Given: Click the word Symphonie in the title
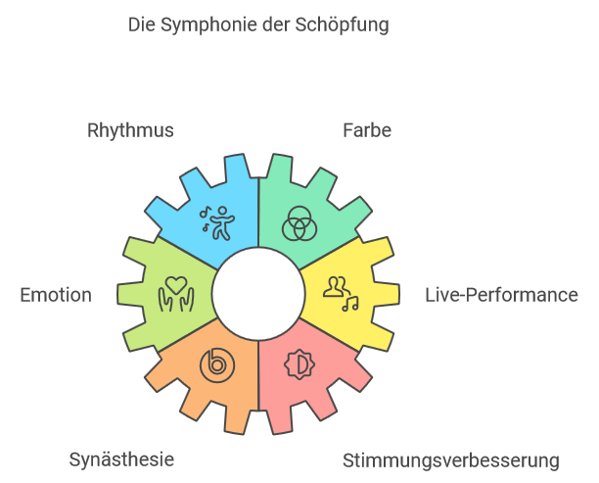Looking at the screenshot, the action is [208, 25].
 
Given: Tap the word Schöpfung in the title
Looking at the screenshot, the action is [342, 25].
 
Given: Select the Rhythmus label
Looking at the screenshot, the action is [130, 131].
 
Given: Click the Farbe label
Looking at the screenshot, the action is [367, 130].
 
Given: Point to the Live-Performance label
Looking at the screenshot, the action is [501, 295].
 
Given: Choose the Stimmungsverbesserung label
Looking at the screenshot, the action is [451, 460].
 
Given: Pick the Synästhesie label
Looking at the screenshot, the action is [121, 460].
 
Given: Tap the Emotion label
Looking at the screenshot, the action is [56, 295].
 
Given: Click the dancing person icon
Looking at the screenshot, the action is [217, 223].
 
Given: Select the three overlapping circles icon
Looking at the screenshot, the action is [299, 223].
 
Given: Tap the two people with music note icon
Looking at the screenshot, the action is [342, 294].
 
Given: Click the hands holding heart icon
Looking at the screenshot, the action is [176, 294].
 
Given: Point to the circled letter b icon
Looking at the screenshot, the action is [217, 364].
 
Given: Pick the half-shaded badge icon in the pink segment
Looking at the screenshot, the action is [299, 364].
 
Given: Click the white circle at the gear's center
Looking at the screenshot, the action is [258, 294].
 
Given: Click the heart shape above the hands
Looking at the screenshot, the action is [176, 285].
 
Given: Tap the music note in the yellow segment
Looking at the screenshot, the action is [350, 304].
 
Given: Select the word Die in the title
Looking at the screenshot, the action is [142, 24].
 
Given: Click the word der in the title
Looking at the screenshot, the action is [276, 25].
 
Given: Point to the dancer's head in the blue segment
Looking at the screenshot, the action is [222, 212].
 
